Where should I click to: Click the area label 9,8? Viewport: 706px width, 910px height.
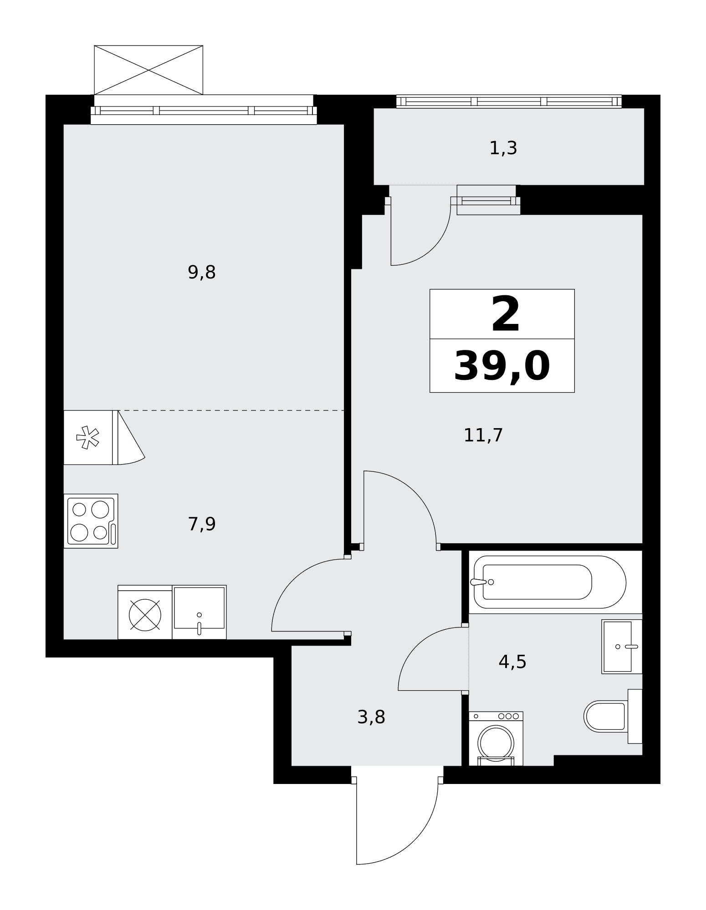pyautogui.click(x=201, y=273)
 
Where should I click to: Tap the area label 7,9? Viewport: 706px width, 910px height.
pyautogui.click(x=201, y=525)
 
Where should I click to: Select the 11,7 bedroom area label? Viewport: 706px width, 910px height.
pyautogui.click(x=483, y=435)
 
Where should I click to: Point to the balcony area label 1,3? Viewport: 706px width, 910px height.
pyautogui.click(x=503, y=148)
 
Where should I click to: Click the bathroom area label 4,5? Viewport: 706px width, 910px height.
pyautogui.click(x=512, y=662)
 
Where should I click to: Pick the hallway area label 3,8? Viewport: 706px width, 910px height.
pyautogui.click(x=371, y=718)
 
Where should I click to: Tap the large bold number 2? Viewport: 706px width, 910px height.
pyautogui.click(x=505, y=314)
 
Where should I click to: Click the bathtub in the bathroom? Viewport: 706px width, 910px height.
pyautogui.click(x=550, y=582)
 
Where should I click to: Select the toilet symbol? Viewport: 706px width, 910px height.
pyautogui.click(x=612, y=717)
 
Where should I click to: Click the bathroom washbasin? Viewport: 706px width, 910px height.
pyautogui.click(x=621, y=647)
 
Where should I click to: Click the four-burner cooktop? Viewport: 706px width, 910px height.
pyautogui.click(x=91, y=521)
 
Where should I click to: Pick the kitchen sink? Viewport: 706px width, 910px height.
pyautogui.click(x=199, y=612)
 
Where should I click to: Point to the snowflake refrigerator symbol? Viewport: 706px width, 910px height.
pyautogui.click(x=88, y=438)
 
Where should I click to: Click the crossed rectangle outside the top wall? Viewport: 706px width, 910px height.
pyautogui.click(x=148, y=70)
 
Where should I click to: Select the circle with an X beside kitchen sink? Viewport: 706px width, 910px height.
pyautogui.click(x=145, y=615)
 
